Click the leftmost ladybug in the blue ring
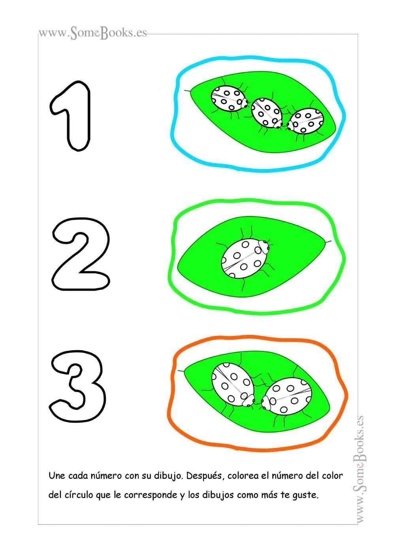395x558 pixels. (229, 99)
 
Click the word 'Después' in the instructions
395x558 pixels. (204, 476)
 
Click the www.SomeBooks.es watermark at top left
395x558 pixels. (92, 33)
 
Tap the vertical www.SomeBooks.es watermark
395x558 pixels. (359, 469)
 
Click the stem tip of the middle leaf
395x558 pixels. (329, 241)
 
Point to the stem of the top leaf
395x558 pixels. (187, 91)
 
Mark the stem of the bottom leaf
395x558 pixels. (181, 371)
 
